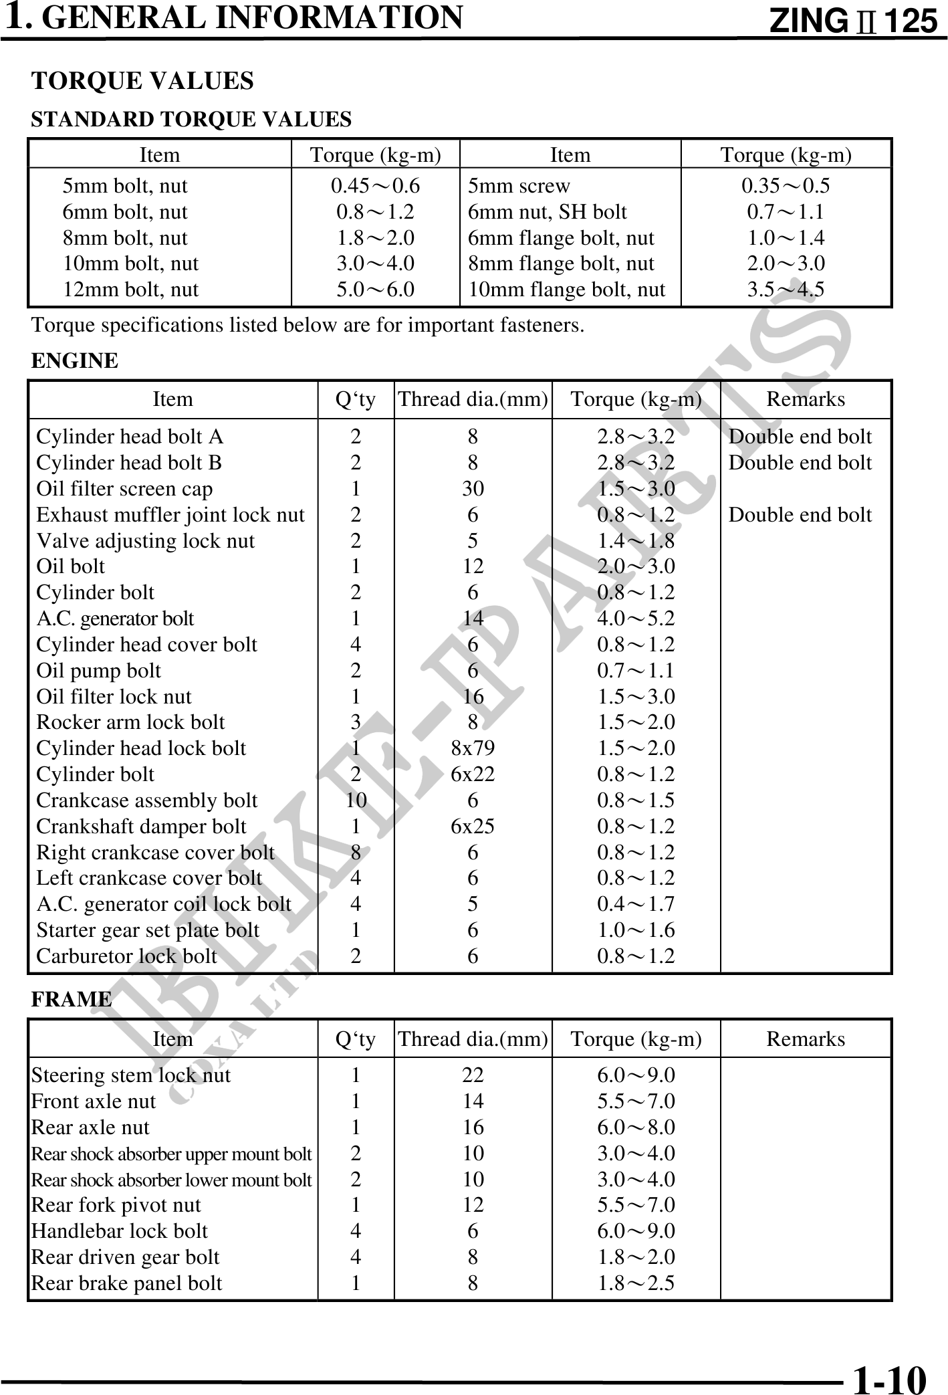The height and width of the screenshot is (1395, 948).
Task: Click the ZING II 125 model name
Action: (x=854, y=21)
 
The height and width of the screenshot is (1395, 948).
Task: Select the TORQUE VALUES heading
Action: (x=142, y=81)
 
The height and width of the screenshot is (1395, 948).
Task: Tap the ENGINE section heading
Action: (x=75, y=360)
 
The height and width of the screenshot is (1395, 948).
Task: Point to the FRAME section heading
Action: (x=72, y=999)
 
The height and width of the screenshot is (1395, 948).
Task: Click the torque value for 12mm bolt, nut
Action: (x=375, y=290)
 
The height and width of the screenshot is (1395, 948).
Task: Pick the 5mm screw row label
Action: (x=519, y=186)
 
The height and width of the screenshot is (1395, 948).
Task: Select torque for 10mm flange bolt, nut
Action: (x=786, y=290)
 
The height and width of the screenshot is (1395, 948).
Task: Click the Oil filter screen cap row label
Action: (x=124, y=489)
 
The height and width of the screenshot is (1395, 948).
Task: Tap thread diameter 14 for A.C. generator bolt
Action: (x=473, y=619)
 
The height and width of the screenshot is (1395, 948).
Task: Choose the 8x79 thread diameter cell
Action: (x=473, y=748)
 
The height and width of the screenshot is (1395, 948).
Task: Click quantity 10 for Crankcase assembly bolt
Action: (x=356, y=800)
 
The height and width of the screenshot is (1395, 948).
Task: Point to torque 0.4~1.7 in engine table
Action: (x=636, y=904)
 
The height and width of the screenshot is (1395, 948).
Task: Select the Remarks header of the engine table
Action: (x=805, y=399)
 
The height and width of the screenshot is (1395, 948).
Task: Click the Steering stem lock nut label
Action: (x=130, y=1075)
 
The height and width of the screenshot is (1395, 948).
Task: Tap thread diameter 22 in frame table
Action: (x=473, y=1075)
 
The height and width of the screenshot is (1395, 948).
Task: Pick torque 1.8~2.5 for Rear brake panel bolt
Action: (x=636, y=1283)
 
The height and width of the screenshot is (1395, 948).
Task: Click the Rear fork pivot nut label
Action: (x=116, y=1205)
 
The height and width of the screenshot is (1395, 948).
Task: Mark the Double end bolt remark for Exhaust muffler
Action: (x=800, y=515)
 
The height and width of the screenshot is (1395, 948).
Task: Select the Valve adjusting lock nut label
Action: (x=145, y=541)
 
